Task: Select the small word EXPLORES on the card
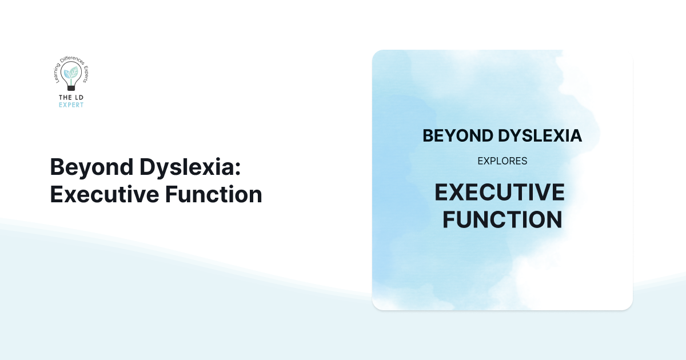502,161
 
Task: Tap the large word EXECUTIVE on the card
500,193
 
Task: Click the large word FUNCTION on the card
502,220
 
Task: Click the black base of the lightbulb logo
71,88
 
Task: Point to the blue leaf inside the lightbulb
67,74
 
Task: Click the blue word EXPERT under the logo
71,105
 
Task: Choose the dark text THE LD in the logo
71,98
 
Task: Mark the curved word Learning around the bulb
57,73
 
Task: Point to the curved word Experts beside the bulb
86,73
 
